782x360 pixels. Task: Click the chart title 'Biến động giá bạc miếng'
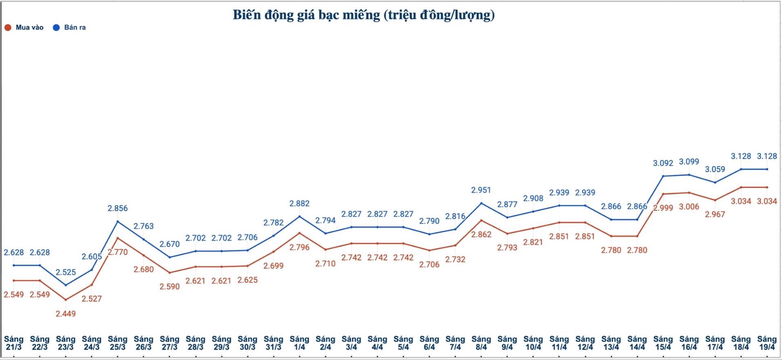coord(363,15)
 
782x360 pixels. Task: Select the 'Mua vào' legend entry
coord(24,28)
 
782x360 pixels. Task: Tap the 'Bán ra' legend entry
coord(70,28)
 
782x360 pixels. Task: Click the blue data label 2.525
coord(66,272)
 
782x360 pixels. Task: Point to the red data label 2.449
coord(66,314)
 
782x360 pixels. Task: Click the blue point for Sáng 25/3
coord(117,221)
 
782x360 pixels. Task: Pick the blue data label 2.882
coord(299,203)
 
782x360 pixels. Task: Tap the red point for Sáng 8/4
coord(481,220)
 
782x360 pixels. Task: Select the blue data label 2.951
coord(481,190)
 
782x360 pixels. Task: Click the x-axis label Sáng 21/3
coord(14,343)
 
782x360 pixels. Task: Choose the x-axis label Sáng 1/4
coord(299,343)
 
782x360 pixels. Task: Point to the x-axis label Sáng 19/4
coord(767,343)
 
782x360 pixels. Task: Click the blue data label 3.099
coord(689,161)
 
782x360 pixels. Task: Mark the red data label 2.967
coord(715,214)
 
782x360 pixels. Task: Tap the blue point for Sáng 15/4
coord(663,176)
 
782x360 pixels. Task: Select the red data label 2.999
coord(663,208)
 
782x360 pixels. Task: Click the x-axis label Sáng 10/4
coord(533,343)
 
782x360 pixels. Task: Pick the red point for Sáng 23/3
coord(66,300)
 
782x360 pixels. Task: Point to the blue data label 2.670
coord(170,244)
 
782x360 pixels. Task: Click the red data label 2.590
coord(170,286)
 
